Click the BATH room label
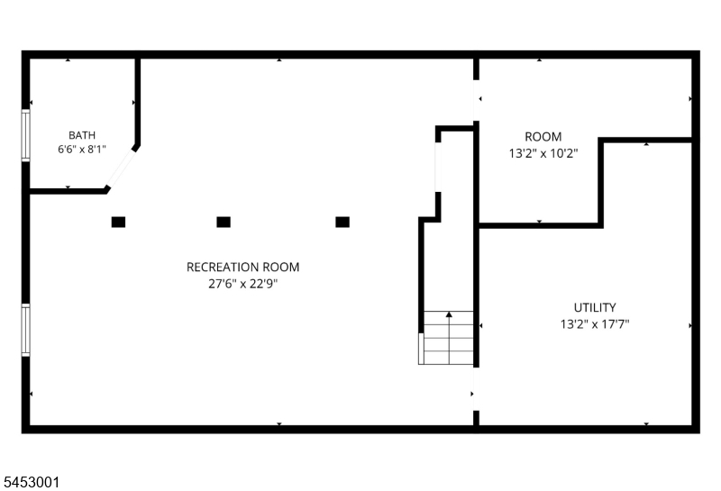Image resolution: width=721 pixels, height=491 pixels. point(82,135)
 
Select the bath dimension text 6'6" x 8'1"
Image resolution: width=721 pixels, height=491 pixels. point(82,150)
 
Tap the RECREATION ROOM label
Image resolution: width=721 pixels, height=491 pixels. point(242,267)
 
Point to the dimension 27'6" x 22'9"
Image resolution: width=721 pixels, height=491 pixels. point(242,284)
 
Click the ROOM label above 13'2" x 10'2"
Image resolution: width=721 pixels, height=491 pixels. point(543,137)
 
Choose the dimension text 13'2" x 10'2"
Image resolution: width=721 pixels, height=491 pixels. point(543,153)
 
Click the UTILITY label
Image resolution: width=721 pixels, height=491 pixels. point(595,307)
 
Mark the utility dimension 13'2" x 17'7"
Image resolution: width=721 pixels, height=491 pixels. point(595,324)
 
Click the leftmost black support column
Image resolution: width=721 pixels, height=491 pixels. point(118,222)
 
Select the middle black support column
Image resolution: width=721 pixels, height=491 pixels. point(224,222)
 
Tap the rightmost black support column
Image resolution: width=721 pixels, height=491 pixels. point(342,222)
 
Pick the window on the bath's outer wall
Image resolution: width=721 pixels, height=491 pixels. point(26,135)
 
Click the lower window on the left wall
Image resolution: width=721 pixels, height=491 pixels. point(26,330)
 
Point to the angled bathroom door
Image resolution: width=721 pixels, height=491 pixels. point(121,168)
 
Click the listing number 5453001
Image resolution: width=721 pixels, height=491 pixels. point(32,482)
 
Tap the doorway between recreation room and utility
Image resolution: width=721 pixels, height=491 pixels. point(476,389)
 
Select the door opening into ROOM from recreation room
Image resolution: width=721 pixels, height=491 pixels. point(476,101)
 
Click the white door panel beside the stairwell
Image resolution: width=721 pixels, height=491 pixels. point(438,167)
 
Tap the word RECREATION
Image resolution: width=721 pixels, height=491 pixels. point(216,267)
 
